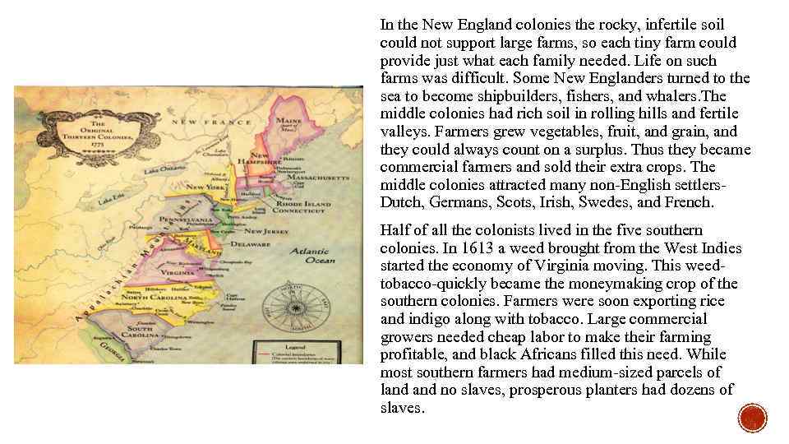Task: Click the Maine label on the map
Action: coord(288,122)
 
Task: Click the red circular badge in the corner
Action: coord(752,419)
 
